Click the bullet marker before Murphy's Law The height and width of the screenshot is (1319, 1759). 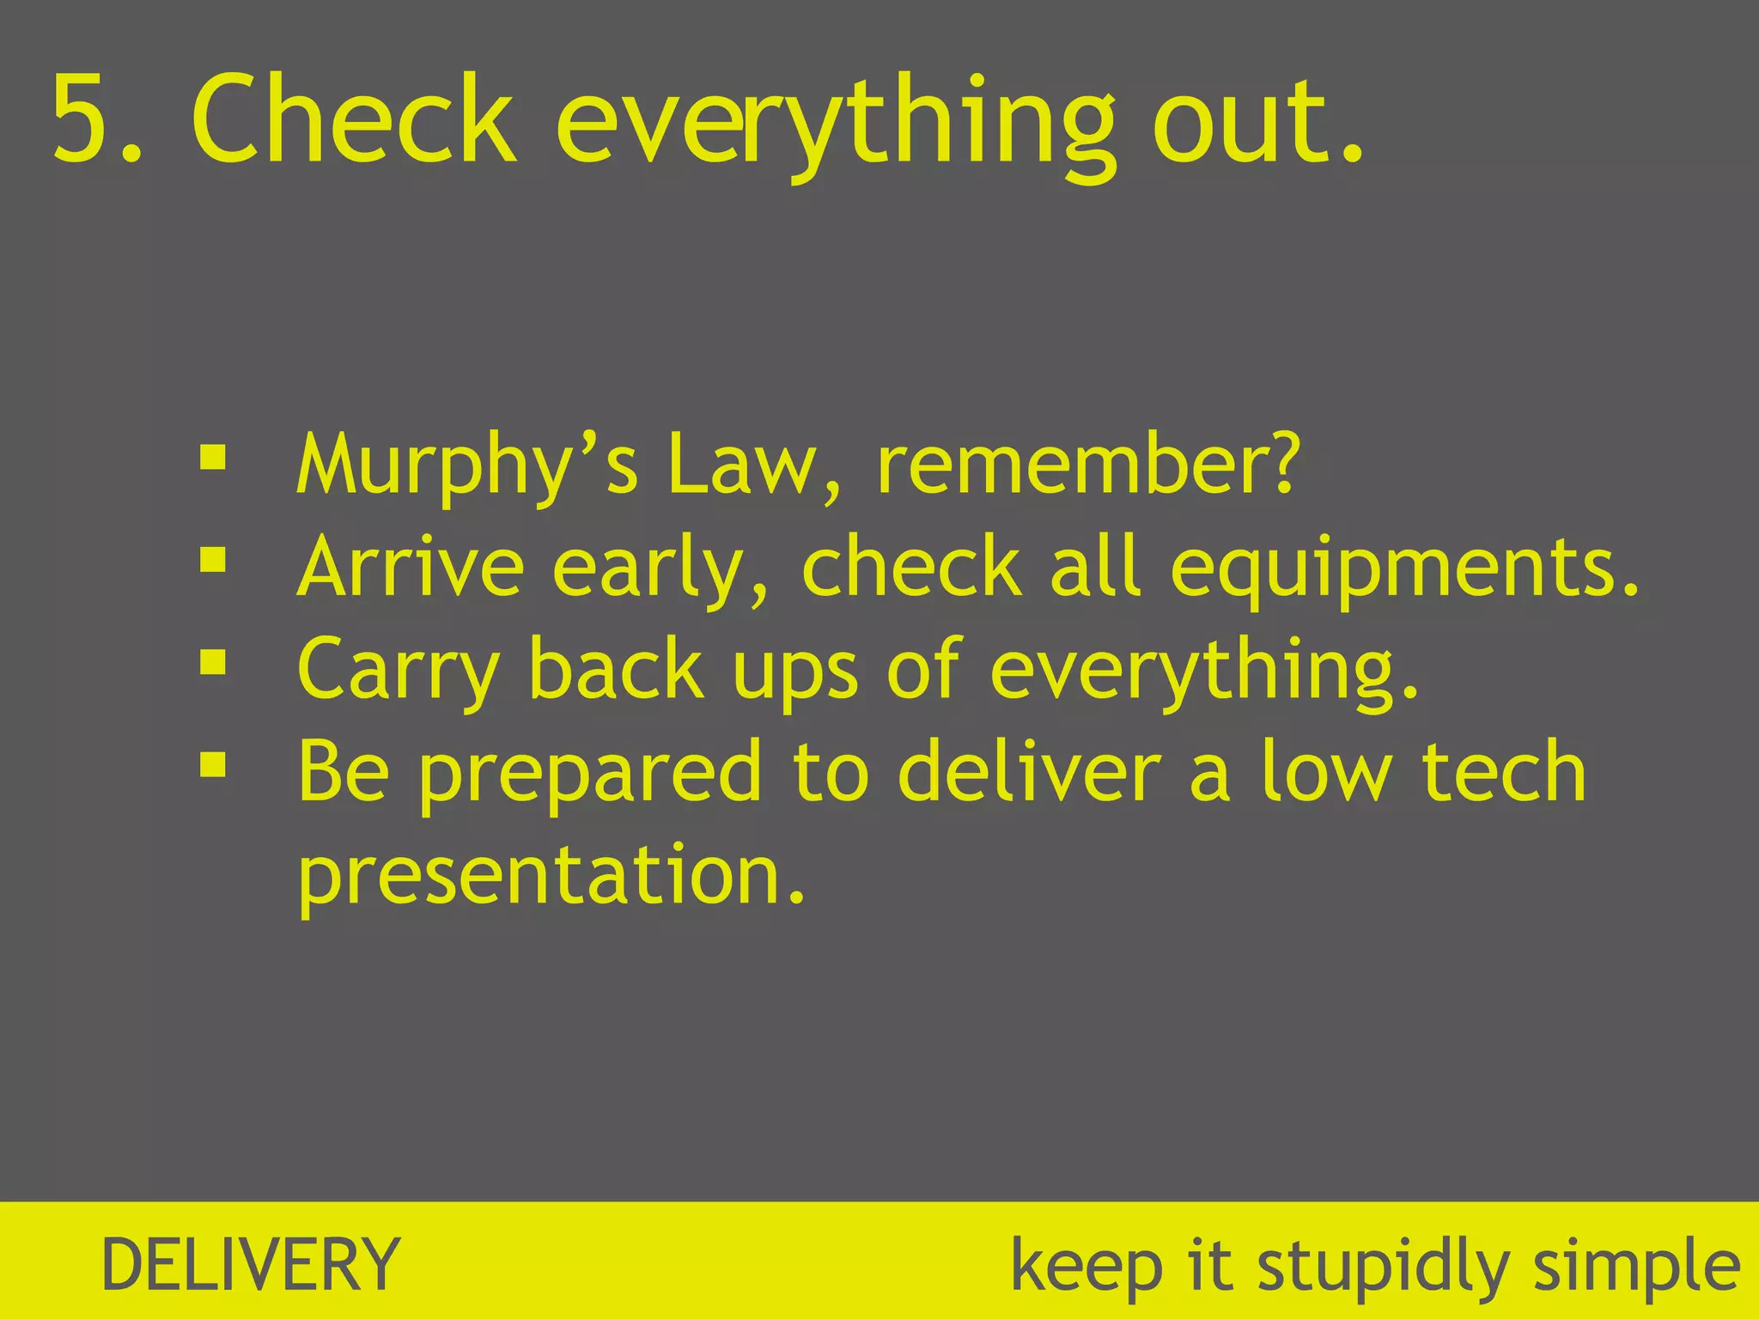pyautogui.click(x=212, y=458)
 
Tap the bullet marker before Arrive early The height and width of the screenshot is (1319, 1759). pyautogui.click(x=212, y=561)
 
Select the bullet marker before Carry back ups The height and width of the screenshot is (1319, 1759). pyautogui.click(x=212, y=662)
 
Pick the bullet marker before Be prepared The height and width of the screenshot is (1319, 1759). pyautogui.click(x=212, y=764)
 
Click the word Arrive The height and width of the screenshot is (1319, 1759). pyautogui.click(x=410, y=567)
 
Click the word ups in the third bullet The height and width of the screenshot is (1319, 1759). pyautogui.click(x=794, y=673)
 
